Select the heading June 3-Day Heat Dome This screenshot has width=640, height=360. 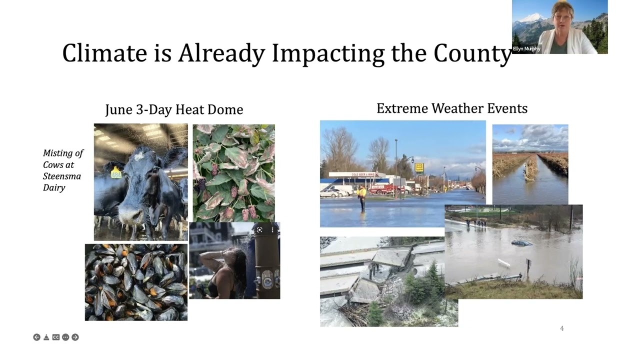pyautogui.click(x=174, y=109)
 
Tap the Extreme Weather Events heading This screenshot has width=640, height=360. pyautogui.click(x=451, y=108)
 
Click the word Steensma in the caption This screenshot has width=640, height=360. pyautogui.click(x=61, y=176)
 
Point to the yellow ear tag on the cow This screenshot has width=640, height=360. pyautogui.click(x=116, y=172)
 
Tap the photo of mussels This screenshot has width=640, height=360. pyautogui.click(x=136, y=282)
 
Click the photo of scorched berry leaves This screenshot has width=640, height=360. pyautogui.click(x=233, y=172)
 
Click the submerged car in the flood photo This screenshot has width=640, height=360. pyautogui.click(x=521, y=243)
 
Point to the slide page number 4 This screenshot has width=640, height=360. pyautogui.click(x=561, y=328)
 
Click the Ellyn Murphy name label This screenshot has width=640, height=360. pyautogui.click(x=526, y=49)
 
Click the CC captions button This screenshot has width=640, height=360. pyautogui.click(x=56, y=337)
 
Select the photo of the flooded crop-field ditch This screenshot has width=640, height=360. pyautogui.click(x=530, y=164)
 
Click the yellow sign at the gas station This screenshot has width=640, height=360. pyautogui.click(x=419, y=167)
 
